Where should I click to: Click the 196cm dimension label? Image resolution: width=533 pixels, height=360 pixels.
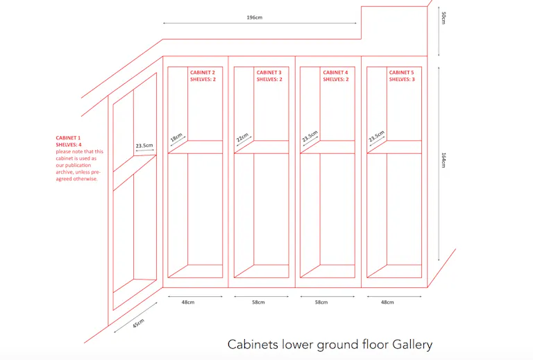[255, 17]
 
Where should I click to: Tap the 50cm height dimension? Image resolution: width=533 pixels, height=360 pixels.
[443, 17]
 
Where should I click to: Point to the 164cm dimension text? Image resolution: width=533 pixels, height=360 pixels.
[443, 160]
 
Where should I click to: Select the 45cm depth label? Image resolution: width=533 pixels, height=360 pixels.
[138, 323]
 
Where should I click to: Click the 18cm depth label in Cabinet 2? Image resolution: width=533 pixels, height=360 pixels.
[176, 137]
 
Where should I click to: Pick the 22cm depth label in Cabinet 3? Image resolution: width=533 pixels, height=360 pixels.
[242, 137]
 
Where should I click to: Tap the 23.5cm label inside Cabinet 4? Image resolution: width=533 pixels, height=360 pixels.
[310, 136]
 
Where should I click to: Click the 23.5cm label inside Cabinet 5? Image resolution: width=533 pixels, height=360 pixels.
[376, 136]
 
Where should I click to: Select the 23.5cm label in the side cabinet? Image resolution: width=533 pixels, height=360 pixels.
[144, 146]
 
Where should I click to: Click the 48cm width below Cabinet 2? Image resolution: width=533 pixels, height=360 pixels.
[188, 302]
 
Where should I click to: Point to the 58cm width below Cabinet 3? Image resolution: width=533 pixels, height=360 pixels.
[258, 302]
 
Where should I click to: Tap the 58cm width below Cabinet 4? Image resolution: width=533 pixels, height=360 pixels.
[321, 302]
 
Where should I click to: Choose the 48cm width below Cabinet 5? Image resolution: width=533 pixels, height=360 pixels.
[387, 302]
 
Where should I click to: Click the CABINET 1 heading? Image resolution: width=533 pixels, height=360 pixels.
[68, 138]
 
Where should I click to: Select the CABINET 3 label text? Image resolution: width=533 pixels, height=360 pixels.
[269, 72]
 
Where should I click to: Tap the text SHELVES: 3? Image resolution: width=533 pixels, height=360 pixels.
[402, 80]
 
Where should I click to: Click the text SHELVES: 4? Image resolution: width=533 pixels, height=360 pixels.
[69, 145]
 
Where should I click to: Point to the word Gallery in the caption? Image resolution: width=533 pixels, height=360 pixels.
[412, 345]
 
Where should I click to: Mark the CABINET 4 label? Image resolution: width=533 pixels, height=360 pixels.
[335, 72]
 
